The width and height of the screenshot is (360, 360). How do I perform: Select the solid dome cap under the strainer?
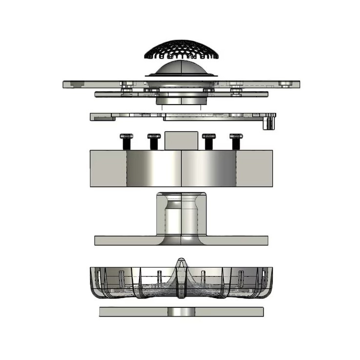point(181,68)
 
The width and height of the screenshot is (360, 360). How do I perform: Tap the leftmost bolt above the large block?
point(126,141)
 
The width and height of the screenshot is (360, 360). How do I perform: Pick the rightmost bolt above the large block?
point(236,141)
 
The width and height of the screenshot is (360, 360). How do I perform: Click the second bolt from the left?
point(153,141)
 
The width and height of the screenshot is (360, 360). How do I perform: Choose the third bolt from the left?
point(209,141)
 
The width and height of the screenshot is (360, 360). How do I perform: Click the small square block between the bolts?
point(181,140)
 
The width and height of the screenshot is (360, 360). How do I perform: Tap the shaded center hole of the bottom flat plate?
point(181,312)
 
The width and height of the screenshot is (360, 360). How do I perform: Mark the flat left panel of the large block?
point(108,168)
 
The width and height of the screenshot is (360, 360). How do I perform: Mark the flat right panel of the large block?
point(254,168)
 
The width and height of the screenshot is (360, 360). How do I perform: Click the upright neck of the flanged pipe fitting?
point(181,215)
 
